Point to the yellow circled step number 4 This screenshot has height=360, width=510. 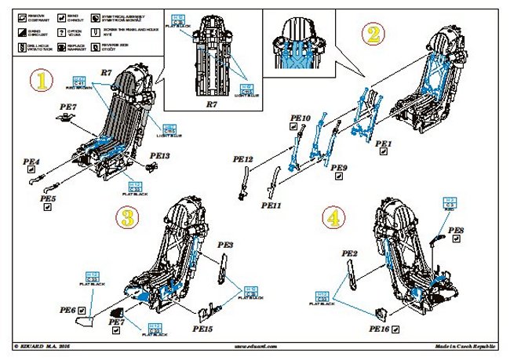(x=333, y=217)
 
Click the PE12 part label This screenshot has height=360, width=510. (x=243, y=158)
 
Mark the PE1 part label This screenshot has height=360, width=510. (x=383, y=144)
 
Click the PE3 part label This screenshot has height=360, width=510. (x=226, y=245)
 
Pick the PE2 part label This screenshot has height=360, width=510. (x=350, y=253)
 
